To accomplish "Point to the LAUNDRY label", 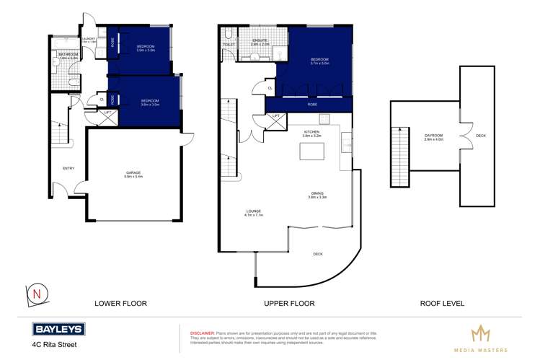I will click(x=89, y=40).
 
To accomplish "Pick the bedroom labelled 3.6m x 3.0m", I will click(x=150, y=102).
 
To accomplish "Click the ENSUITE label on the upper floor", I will click(x=260, y=42).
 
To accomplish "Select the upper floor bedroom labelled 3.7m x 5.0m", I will click(x=319, y=62).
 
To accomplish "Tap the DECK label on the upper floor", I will click(x=318, y=254).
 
